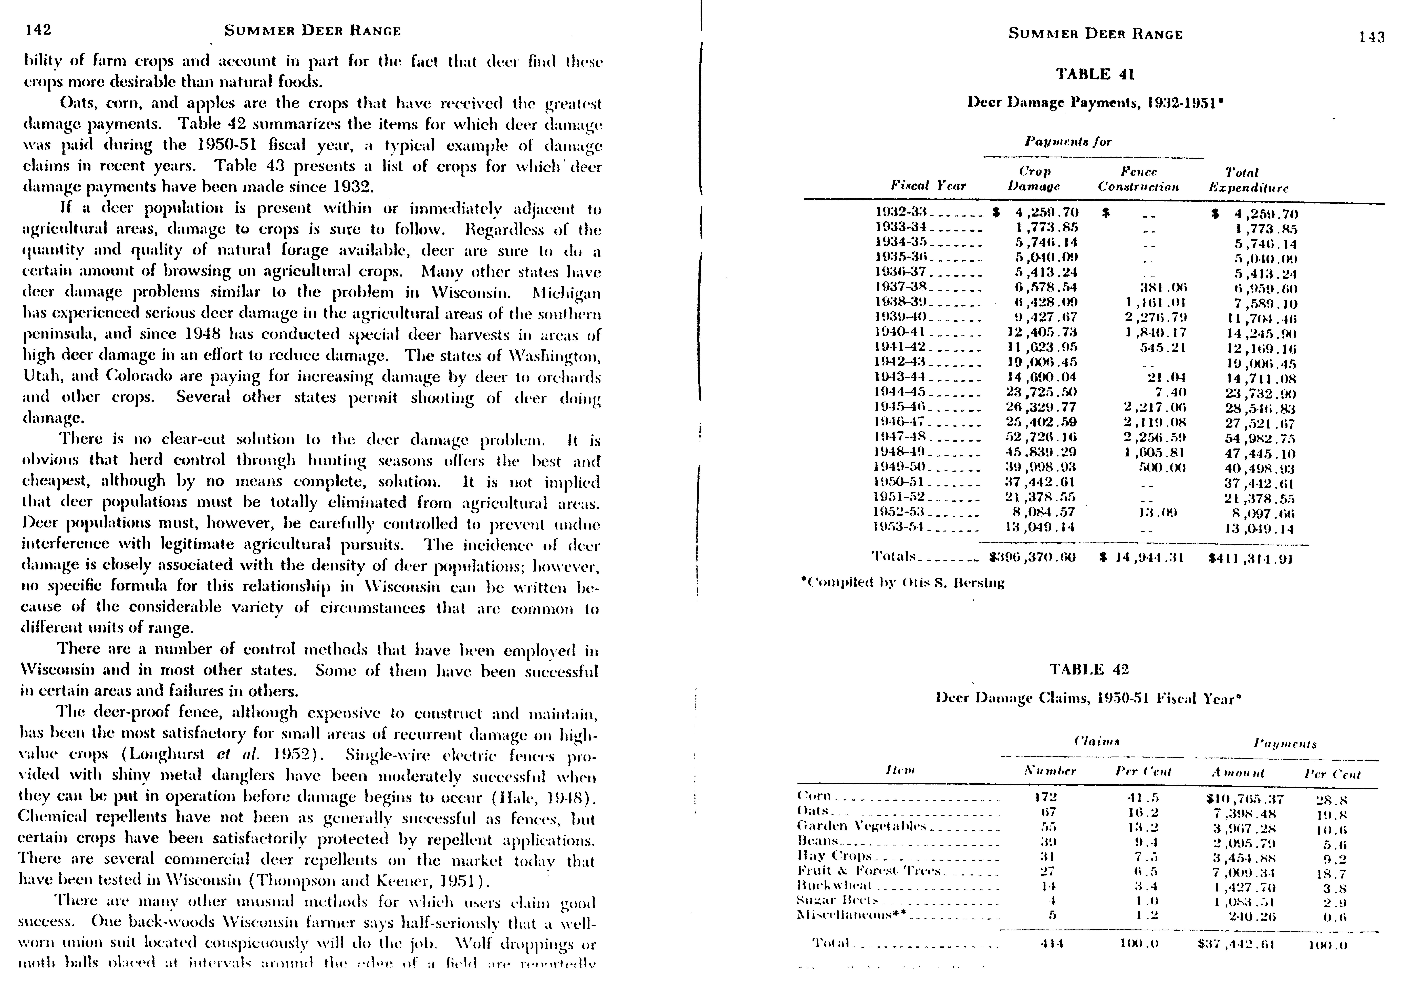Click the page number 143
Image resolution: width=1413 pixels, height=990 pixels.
[1372, 37]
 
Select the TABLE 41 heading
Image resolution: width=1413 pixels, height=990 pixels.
[1095, 75]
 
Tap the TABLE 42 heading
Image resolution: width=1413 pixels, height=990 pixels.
[1089, 669]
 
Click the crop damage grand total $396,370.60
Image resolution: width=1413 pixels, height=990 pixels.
[1031, 558]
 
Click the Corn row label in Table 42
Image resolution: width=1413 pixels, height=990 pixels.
[814, 796]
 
